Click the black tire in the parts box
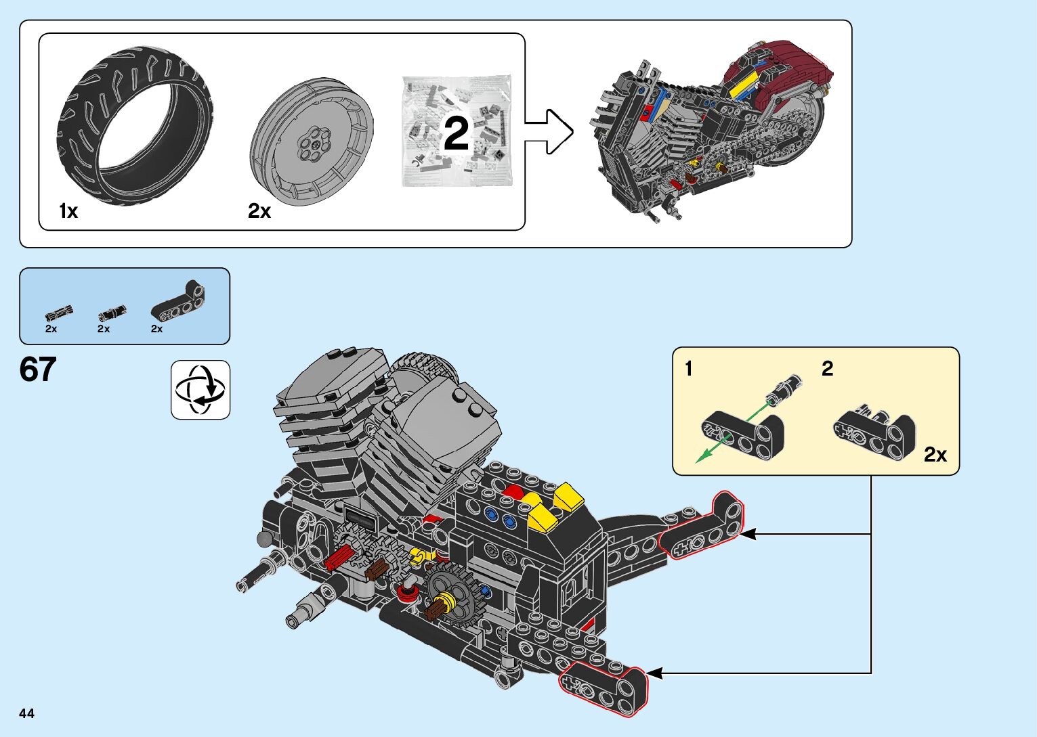coord(135,126)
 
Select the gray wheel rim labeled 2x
coord(312,141)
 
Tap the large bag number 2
coord(457,133)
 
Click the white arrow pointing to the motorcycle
coord(549,132)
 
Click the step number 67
coord(38,370)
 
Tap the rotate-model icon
coord(200,390)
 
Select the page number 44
coord(27,713)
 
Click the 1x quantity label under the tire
coord(68,211)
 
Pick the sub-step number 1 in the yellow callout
coord(689,369)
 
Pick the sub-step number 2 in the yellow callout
coord(827,368)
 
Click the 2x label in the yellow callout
coord(935,454)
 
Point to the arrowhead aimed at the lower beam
coord(654,673)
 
